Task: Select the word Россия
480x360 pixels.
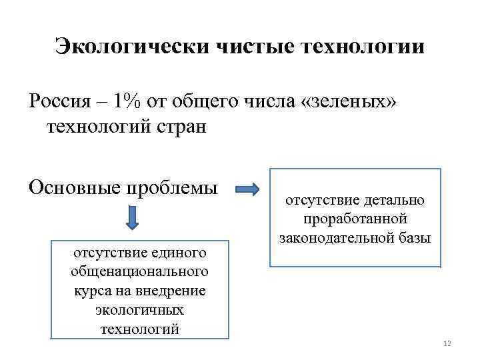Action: pos(61,101)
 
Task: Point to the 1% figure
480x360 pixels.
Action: pos(128,101)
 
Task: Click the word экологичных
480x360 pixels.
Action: pos(140,310)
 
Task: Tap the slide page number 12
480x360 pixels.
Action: pos(447,343)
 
